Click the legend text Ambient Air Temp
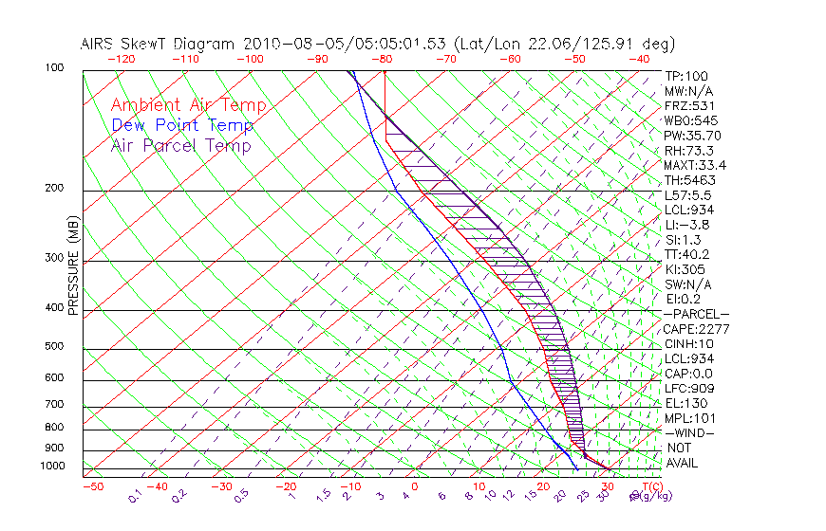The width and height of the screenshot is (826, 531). click(x=188, y=105)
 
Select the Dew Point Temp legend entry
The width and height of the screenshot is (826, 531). click(x=182, y=125)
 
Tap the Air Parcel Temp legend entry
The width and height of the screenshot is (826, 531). click(x=180, y=145)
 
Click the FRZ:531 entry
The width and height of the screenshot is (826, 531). click(x=686, y=106)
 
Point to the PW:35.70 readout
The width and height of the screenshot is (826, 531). click(x=690, y=136)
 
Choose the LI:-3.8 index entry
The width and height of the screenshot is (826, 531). click(x=686, y=225)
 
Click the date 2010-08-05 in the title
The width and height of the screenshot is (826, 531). click(x=288, y=44)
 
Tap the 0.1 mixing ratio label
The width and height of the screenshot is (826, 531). click(x=134, y=496)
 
